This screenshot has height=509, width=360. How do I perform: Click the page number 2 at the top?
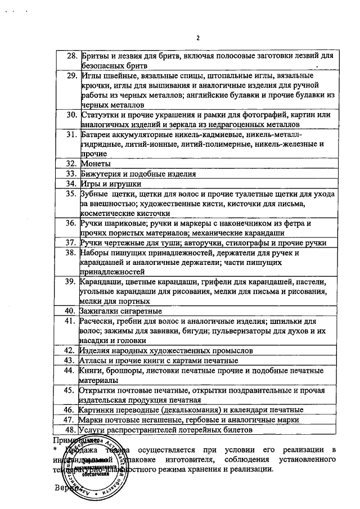coord(198,38)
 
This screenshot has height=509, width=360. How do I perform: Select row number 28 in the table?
coord(71,56)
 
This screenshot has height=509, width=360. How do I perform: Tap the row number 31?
coord(71,135)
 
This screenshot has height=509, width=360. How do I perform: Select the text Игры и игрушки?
coord(110,184)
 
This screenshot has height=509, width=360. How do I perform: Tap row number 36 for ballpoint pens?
coord(71,224)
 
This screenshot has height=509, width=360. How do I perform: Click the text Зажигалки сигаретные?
coord(121,311)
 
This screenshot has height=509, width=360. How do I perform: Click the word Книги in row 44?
coord(91,371)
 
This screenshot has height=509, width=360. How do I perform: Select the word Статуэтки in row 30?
coord(100,115)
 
